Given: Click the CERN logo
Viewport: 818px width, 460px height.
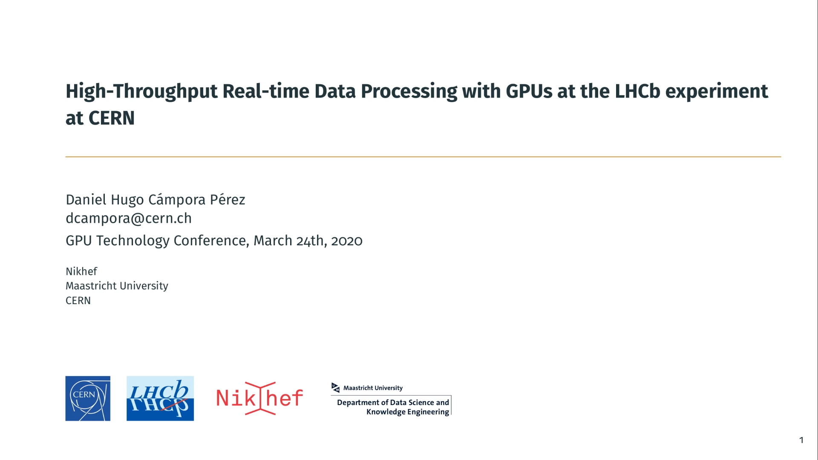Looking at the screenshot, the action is [88, 398].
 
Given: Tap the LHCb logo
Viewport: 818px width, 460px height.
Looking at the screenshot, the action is [160, 398].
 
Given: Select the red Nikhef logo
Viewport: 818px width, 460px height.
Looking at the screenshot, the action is [260, 398].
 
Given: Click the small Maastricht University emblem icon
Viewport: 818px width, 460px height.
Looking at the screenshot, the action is [336, 388].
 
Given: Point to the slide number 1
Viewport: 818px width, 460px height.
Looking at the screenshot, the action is [801, 440].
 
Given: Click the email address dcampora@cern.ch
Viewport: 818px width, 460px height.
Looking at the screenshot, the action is [129, 218].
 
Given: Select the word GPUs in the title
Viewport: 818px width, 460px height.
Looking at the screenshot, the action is [529, 91].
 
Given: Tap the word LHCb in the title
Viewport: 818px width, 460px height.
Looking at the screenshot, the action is [637, 91].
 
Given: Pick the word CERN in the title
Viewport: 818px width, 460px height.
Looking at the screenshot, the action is [112, 118].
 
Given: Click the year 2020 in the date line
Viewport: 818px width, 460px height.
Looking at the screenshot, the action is [347, 241].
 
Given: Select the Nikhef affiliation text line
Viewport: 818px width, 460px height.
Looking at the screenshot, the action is [81, 271].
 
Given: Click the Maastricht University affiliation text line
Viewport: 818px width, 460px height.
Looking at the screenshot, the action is [117, 286].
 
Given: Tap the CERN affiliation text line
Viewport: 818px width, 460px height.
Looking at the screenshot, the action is [78, 301].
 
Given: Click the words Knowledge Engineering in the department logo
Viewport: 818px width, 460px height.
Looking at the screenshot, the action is [408, 412].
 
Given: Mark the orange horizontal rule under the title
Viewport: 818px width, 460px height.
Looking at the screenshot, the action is [423, 157].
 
